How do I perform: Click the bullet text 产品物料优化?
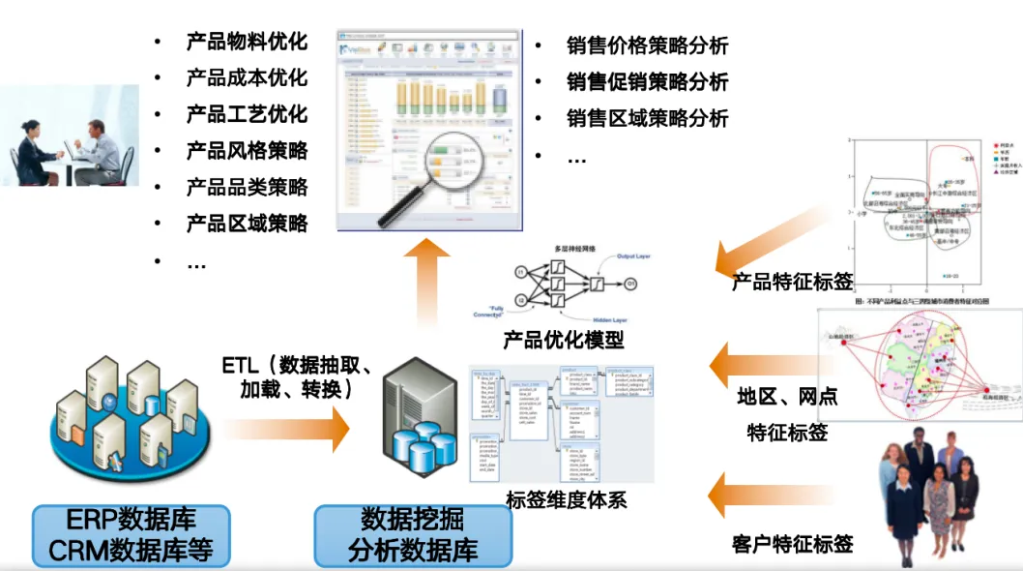[247, 41]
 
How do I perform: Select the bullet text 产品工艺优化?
[247, 114]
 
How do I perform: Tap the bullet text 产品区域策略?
[247, 224]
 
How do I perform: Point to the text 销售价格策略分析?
[648, 45]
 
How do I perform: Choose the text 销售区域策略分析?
[648, 119]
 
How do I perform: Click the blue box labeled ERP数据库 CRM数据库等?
[132, 535]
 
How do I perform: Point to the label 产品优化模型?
[564, 340]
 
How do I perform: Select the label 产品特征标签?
[792, 282]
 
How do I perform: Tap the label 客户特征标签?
[793, 544]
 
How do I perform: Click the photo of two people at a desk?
[70, 135]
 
